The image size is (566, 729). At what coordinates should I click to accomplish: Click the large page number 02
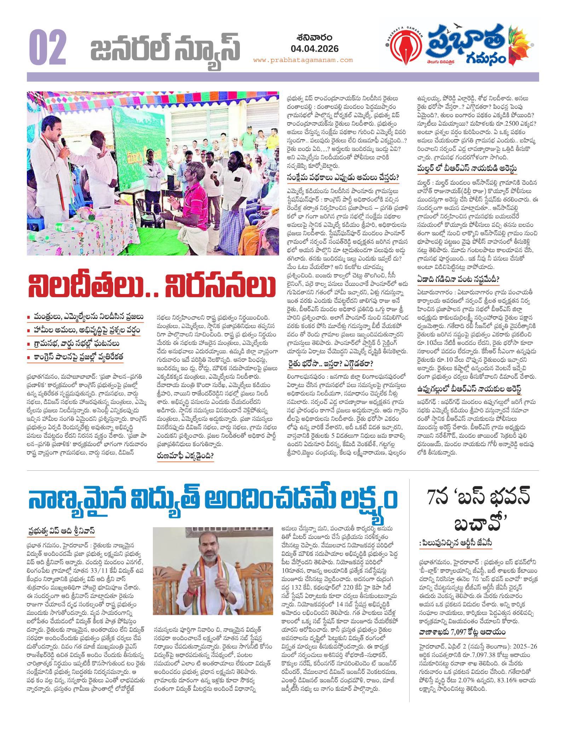click(x=47, y=46)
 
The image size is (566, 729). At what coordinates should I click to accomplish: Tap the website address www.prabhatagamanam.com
click(x=303, y=60)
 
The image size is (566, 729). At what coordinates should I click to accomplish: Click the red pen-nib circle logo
click(x=400, y=46)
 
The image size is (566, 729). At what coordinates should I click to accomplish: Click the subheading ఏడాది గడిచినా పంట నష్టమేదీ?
click(x=458, y=279)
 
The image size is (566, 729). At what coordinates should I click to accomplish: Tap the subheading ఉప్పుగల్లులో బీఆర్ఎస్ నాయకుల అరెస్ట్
click(x=469, y=389)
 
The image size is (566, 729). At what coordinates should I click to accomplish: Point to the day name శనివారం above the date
click(x=310, y=37)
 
